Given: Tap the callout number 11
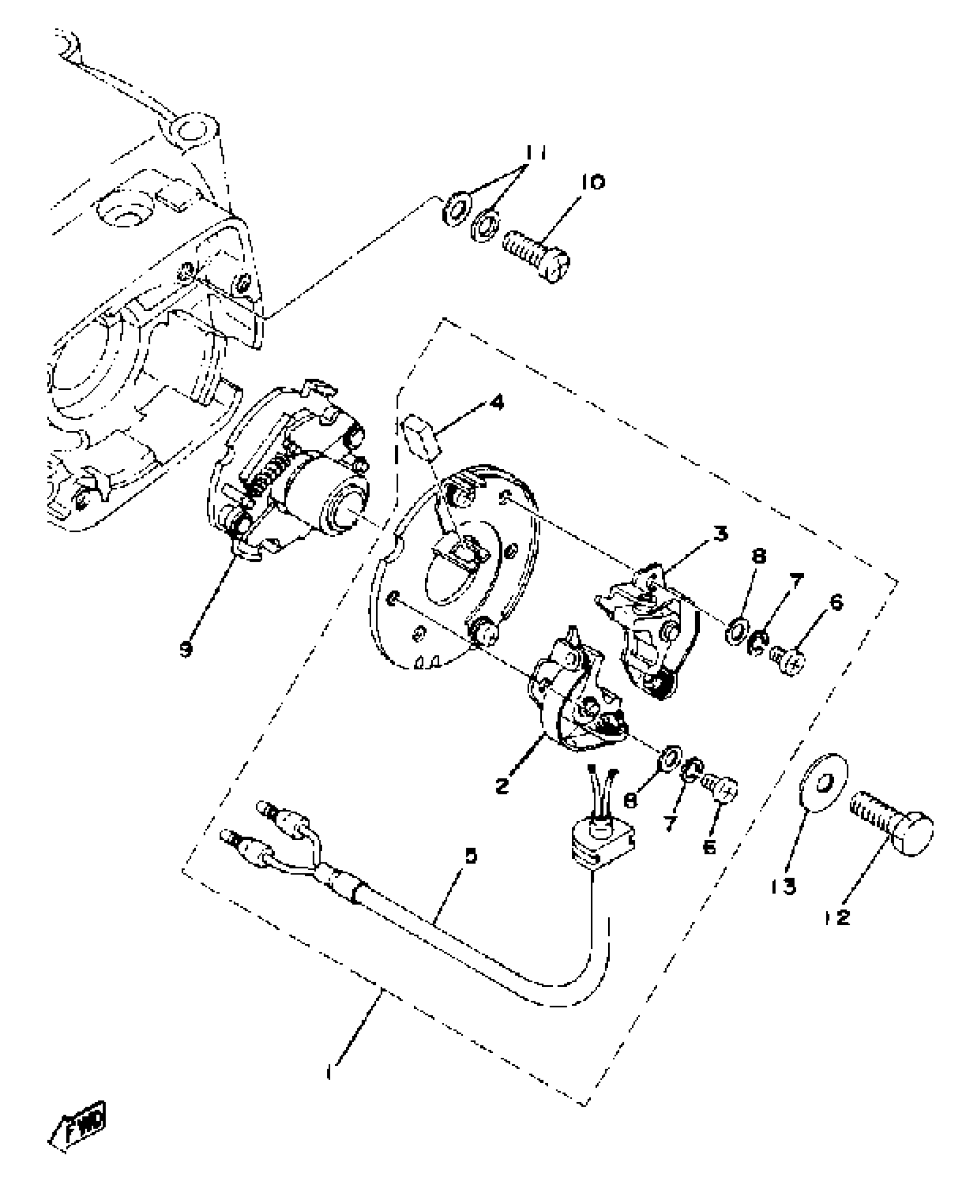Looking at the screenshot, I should pos(536,154).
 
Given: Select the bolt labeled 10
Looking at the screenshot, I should pos(536,256).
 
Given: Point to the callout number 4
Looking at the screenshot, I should pos(496,402).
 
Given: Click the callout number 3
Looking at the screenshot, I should pos(719,534).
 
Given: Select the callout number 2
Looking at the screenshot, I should pos(502,785).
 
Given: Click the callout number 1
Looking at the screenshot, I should pos(330,1073).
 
